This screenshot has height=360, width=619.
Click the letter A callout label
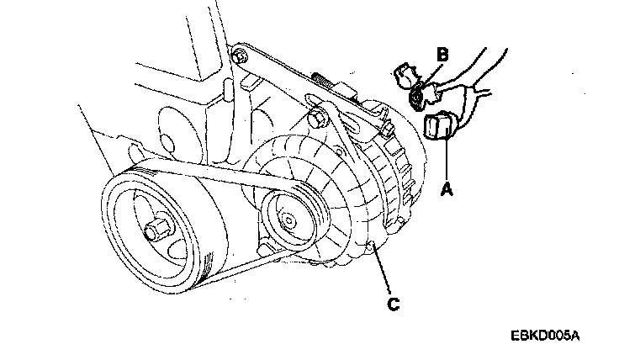pos(447,191)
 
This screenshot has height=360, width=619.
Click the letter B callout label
pos(442,56)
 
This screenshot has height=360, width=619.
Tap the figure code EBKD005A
pos(544,336)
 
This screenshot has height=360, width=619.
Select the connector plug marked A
pos(439,128)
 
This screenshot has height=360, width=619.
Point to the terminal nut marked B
pos(419,98)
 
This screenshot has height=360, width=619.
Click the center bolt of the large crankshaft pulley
pos(156,229)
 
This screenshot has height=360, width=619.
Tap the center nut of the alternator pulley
pos(288,221)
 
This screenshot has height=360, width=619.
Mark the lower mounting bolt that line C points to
pos(370,245)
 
